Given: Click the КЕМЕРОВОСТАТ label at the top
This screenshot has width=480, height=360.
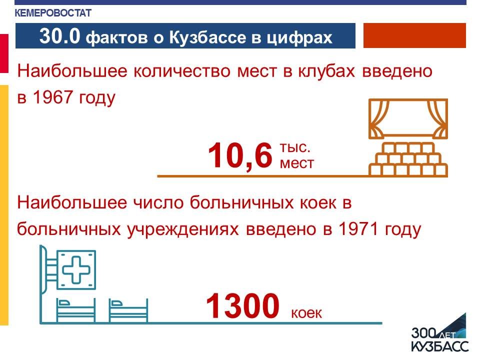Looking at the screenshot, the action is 53,13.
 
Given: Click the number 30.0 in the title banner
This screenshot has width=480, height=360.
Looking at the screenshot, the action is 59,36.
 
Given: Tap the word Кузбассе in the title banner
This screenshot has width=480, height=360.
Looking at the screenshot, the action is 207,37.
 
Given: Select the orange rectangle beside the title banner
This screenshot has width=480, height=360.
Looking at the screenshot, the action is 414,35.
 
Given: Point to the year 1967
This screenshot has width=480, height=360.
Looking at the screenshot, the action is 52,97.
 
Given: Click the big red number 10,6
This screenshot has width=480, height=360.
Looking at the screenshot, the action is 239,155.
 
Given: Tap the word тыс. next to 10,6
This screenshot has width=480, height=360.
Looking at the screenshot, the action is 295,147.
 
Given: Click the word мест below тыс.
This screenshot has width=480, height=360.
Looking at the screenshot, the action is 297,163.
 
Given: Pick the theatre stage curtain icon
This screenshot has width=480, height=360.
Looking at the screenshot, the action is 408,118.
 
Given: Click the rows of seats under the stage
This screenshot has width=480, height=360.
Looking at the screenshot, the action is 408,159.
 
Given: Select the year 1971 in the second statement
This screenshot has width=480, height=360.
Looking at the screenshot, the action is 358,229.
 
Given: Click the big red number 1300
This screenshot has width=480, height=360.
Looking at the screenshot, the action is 243,305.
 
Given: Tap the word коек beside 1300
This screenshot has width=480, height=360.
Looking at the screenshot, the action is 306,313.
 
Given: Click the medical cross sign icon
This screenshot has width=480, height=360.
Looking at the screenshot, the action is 76,270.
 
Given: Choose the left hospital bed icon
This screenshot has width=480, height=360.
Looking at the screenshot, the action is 75,310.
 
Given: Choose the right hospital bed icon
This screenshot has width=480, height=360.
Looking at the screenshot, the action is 128,310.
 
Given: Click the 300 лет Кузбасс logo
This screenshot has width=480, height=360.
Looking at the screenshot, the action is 439,333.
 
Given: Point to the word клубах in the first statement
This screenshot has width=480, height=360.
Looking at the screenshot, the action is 326,71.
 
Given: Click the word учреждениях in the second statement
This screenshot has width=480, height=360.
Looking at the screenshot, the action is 182,229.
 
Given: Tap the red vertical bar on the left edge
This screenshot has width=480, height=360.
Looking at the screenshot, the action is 4,53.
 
